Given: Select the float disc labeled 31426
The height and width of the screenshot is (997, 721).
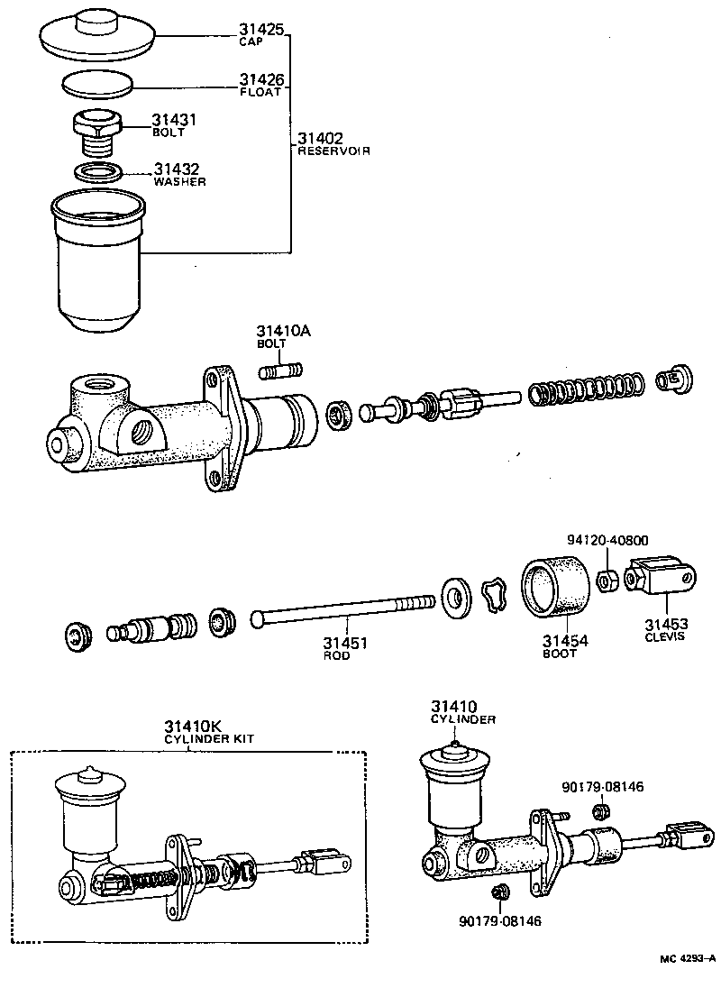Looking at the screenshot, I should tap(97, 86).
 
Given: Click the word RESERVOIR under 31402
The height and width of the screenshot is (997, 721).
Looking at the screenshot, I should tap(333, 151).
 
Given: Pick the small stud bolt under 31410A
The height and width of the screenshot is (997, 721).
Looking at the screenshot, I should tap(281, 370).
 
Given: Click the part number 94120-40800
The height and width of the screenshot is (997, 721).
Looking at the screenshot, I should tap(608, 540).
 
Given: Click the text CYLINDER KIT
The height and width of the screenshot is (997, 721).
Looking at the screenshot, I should tap(209, 738).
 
